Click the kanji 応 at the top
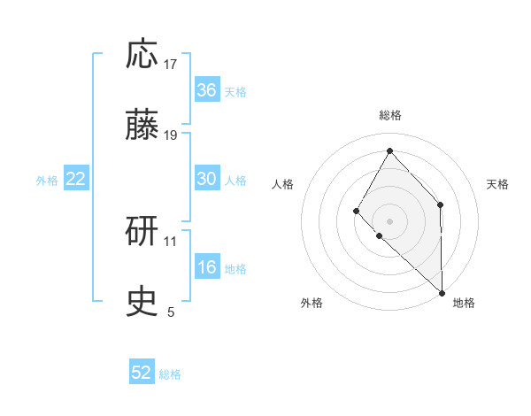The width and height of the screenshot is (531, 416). point(142,55)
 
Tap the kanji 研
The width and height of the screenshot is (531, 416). point(142,232)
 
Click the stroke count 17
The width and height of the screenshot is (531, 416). point(171,64)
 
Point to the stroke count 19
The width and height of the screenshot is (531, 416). point(171,135)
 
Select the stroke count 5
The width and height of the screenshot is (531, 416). point(171,312)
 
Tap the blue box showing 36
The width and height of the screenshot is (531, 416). point(207,90)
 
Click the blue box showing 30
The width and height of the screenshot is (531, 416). point(207,179)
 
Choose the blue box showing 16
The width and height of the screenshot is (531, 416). point(207,267)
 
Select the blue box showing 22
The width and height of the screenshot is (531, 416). point(76,179)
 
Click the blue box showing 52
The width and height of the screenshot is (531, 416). point(142,373)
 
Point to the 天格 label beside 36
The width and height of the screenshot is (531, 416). point(235,91)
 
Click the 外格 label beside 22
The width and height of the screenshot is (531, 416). point(47,180)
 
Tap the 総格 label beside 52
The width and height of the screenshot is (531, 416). point(170,374)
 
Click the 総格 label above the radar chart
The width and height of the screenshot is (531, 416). point(390,115)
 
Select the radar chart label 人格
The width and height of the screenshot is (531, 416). point(283,184)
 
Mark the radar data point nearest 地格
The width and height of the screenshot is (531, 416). point(442,292)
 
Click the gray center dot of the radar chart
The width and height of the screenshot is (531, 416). point(389,220)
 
